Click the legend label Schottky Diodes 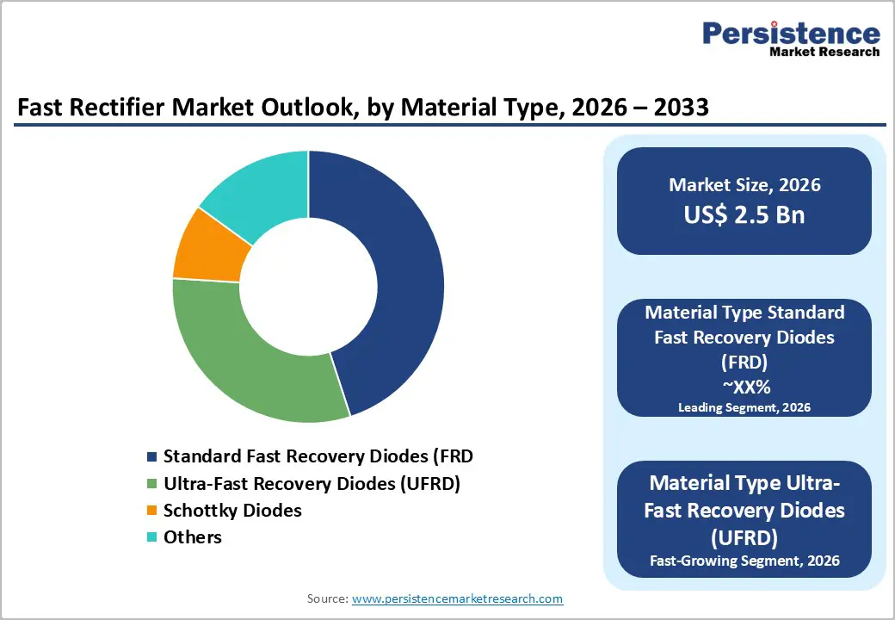click(x=232, y=511)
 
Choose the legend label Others click(x=192, y=537)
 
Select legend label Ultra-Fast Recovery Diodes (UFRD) click(x=312, y=484)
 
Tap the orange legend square click(x=152, y=511)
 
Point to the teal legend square click(x=152, y=537)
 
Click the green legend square click(x=152, y=484)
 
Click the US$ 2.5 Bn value click(x=744, y=214)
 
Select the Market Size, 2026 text click(x=744, y=185)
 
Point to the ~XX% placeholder click(x=744, y=387)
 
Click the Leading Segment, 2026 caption click(x=744, y=407)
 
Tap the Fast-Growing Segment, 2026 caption click(x=744, y=561)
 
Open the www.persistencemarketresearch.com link click(x=458, y=598)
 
